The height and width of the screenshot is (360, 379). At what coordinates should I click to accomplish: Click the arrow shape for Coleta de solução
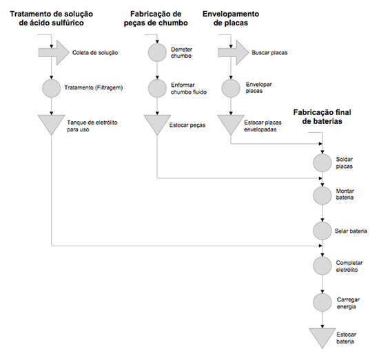[x=54, y=52]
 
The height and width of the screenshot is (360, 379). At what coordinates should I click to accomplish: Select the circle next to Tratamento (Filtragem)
[x=51, y=88]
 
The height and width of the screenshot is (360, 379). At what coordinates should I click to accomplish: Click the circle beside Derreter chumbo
[x=157, y=52]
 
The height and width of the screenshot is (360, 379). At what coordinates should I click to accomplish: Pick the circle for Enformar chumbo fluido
[x=157, y=88]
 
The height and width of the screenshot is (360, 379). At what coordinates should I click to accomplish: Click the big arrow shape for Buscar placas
[x=233, y=52]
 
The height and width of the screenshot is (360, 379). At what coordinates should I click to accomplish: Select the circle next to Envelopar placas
[x=231, y=88]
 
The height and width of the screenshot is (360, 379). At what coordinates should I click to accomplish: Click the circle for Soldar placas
[x=322, y=162]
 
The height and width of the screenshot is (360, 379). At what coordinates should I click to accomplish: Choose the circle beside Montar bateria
[x=322, y=195]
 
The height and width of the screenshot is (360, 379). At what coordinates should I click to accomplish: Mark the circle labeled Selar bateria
[x=322, y=231]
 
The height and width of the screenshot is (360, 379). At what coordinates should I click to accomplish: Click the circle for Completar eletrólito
[x=322, y=266]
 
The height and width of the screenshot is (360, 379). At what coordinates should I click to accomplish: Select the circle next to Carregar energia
[x=322, y=302]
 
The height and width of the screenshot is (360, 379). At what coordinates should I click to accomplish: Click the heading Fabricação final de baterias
[x=322, y=116]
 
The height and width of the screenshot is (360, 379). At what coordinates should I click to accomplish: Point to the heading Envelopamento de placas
[x=231, y=19]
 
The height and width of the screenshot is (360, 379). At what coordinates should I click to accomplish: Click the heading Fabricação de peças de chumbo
[x=156, y=19]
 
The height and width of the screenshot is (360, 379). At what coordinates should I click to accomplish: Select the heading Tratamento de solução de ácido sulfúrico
[x=51, y=19]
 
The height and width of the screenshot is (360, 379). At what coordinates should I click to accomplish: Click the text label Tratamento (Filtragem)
[x=94, y=87]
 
